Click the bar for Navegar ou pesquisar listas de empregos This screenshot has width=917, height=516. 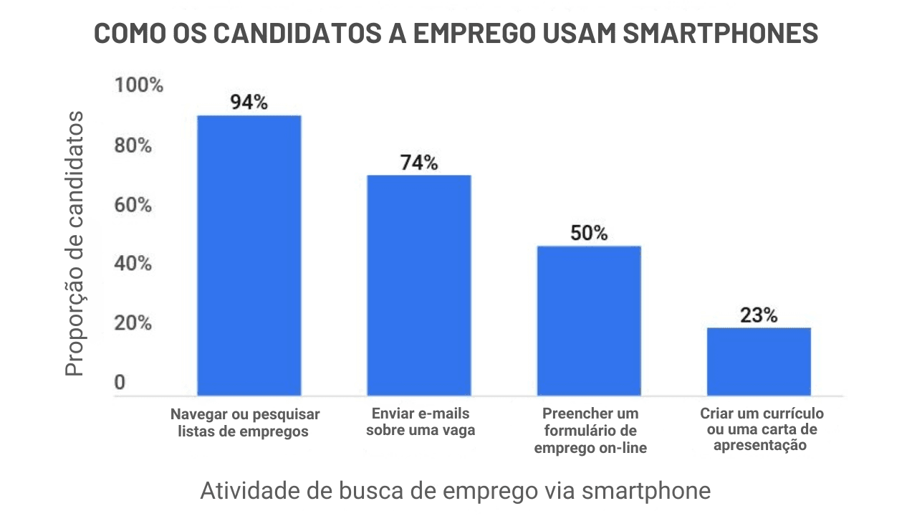pos(249,255)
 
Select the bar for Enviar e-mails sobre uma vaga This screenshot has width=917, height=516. pos(419,285)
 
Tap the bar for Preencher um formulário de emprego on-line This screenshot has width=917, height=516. pos(589,320)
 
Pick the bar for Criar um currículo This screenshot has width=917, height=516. pos(759,361)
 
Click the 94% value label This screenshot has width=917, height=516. pos(249,102)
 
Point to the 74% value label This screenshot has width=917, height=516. pos(419,163)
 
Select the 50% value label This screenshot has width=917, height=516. pos(589,233)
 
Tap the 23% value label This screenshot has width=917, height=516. pos(759,315)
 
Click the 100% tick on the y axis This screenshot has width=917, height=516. pos(139,86)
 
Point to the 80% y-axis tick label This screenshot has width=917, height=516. pos(134,145)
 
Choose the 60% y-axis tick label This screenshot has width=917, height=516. pos(134,206)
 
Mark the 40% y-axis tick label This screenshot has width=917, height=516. pos(134,264)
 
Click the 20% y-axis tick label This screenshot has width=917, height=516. pos(134,324)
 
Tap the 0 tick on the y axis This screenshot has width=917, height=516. pos(120,383)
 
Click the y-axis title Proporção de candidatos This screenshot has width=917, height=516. pos(75,244)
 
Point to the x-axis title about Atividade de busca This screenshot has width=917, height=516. pos(455,491)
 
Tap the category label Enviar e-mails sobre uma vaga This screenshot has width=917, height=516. pos(421,422)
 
